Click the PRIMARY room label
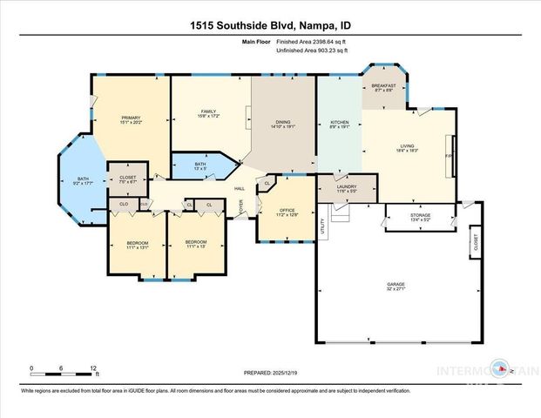tap(132, 117)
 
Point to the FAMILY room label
tap(208, 111)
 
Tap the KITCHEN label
tap(339, 122)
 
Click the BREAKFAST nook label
tap(384, 85)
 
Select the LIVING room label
tap(408, 145)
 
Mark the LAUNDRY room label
tap(346, 185)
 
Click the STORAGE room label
tap(419, 213)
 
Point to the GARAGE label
tap(396, 283)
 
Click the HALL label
tap(238, 188)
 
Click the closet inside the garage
tap(475, 243)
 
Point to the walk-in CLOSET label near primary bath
tap(127, 179)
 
